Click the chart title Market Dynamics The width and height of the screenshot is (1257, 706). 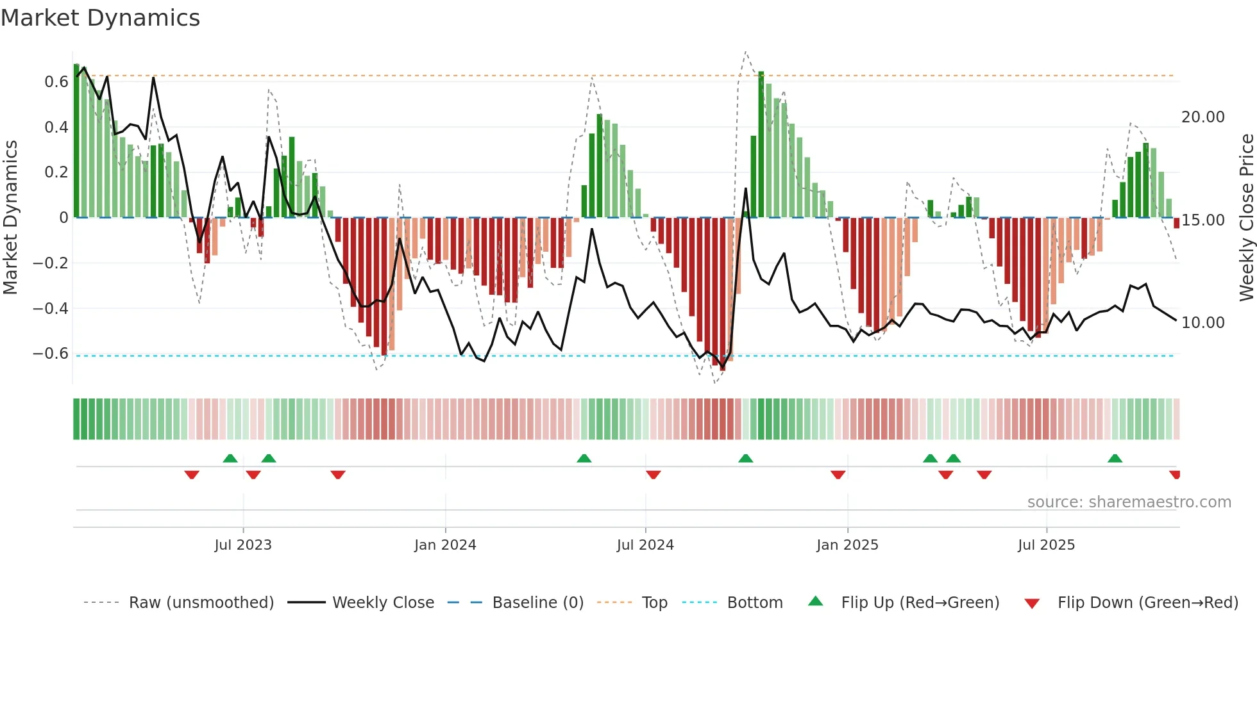[100, 18]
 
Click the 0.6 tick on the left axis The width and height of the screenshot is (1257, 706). [56, 82]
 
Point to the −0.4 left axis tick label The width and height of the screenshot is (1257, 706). [51, 309]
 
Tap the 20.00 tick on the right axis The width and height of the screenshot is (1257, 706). [1202, 117]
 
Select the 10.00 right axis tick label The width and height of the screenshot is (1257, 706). [1202, 323]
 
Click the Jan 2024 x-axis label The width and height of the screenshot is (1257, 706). [445, 545]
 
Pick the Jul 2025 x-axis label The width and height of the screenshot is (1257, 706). [1046, 545]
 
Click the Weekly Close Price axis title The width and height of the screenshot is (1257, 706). [1246, 218]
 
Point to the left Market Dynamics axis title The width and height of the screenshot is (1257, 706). [10, 218]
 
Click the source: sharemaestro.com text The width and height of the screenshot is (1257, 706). [1129, 502]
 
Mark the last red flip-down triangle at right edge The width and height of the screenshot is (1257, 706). [1174, 475]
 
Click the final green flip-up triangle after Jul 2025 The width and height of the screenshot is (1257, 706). [1115, 458]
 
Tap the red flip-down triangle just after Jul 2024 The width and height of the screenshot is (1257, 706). [653, 475]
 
